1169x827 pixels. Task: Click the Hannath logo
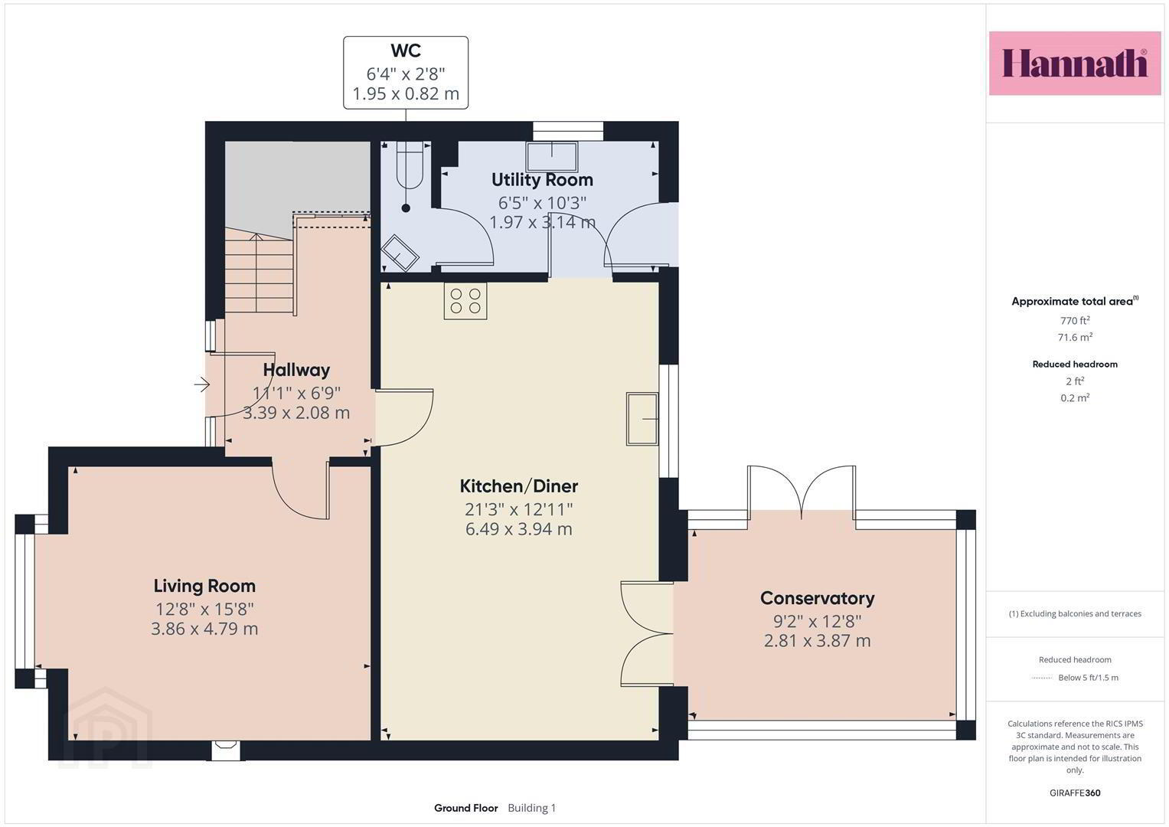[x=1075, y=63]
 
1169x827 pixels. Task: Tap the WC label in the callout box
[x=406, y=51]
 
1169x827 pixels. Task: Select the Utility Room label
[x=542, y=180]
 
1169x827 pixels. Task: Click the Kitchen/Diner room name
[x=519, y=486]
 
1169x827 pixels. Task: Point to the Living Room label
[x=204, y=586]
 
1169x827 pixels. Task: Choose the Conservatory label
[x=818, y=598]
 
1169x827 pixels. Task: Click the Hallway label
[x=296, y=370]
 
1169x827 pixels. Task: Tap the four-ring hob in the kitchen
[x=465, y=301]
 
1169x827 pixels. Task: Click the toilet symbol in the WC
[x=409, y=165]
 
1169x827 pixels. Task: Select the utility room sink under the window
[x=552, y=156]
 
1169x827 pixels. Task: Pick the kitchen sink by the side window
[x=642, y=420]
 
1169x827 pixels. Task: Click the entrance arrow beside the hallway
[x=202, y=384]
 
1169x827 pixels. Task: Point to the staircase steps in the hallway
[x=260, y=275]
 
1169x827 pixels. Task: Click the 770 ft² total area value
[x=1075, y=321]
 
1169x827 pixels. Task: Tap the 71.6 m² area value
[x=1075, y=337]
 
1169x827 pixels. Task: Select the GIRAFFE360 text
[x=1075, y=793]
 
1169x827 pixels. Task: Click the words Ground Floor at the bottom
[x=466, y=808]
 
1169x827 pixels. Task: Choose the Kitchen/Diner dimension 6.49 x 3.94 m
[x=519, y=529]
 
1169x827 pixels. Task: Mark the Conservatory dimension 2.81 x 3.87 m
[x=818, y=641]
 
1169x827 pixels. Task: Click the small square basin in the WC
[x=400, y=253]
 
